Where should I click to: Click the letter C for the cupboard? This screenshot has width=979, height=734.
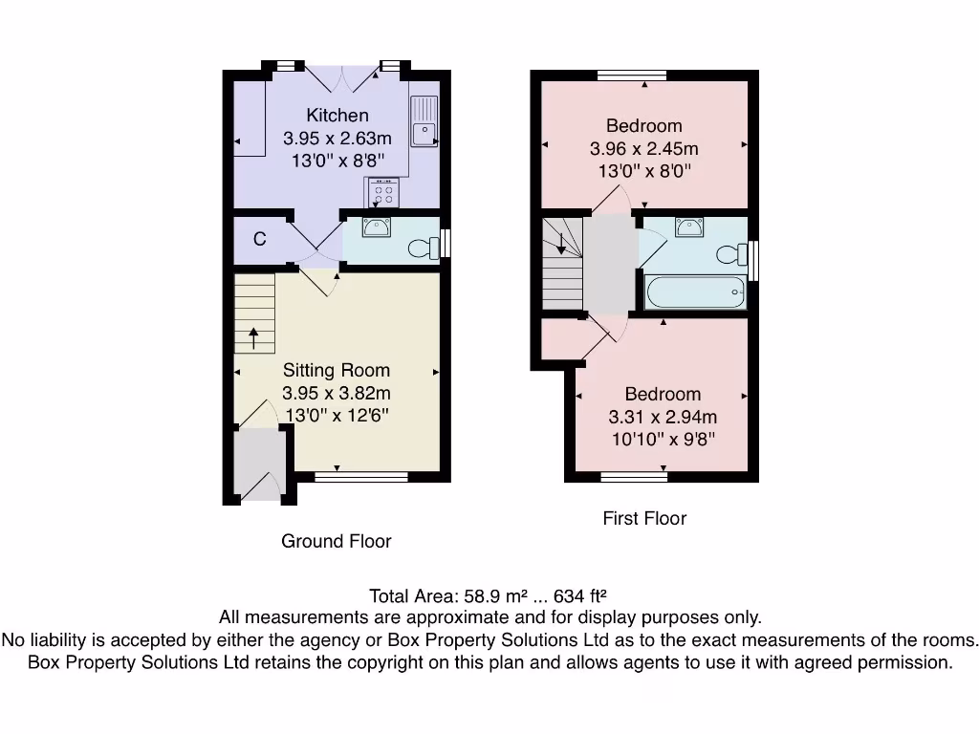pyautogui.click(x=259, y=240)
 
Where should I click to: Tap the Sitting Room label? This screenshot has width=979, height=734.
pyautogui.click(x=336, y=370)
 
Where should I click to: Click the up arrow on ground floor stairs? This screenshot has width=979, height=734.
pyautogui.click(x=253, y=336)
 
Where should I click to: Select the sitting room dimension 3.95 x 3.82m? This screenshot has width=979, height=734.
pyautogui.click(x=336, y=393)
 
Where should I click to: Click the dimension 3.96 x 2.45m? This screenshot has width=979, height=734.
pyautogui.click(x=643, y=148)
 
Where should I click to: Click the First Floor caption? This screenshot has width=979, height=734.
pyautogui.click(x=644, y=518)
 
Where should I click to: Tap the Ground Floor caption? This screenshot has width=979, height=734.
pyautogui.click(x=336, y=541)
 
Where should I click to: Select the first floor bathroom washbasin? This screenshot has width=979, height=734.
pyautogui.click(x=688, y=227)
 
